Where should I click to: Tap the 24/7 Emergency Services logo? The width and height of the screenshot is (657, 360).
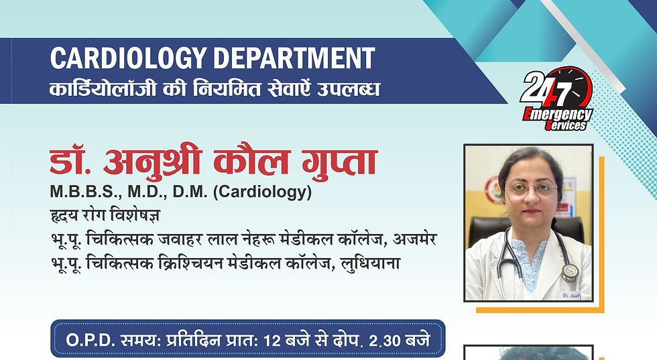click(556, 99)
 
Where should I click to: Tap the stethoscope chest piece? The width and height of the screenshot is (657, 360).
click(571, 272)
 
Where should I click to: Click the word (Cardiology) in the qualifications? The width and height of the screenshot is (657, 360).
click(263, 193)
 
